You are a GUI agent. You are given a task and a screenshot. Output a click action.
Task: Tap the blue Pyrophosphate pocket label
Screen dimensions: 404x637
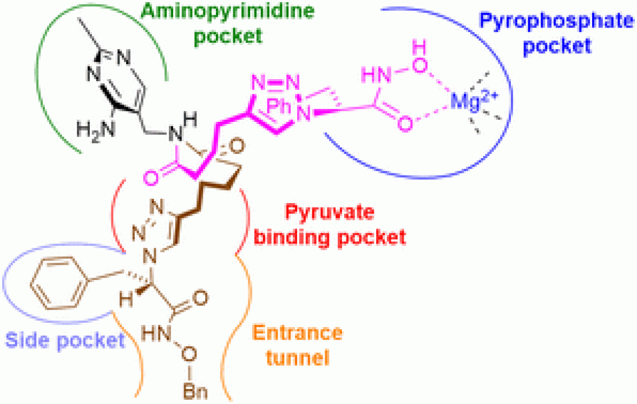tap(555, 34)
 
